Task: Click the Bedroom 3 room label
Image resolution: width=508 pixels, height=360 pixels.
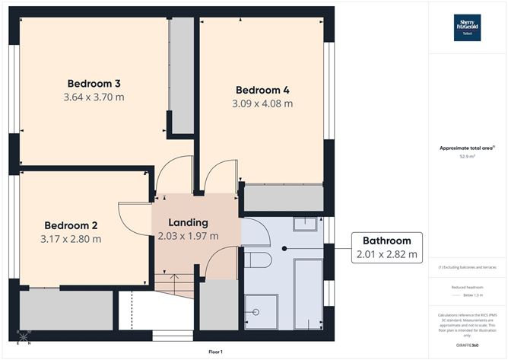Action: click(x=94, y=83)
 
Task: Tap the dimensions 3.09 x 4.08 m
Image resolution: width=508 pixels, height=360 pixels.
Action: click(x=262, y=104)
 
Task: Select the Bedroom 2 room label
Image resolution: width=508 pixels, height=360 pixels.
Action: click(x=71, y=225)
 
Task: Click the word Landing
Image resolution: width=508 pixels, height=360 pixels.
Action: click(x=188, y=222)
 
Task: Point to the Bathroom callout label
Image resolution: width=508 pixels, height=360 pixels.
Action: click(x=386, y=241)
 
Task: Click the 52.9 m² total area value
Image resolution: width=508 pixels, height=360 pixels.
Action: click(x=466, y=157)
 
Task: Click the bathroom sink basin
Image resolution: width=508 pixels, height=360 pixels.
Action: click(x=305, y=223)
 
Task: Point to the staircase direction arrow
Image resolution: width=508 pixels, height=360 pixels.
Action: click(x=175, y=284)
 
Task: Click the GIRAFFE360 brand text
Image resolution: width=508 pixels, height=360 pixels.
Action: click(x=466, y=344)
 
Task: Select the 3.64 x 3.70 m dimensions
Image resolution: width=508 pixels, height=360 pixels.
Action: click(x=94, y=97)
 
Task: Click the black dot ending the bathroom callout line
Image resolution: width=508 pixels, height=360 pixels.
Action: click(x=284, y=248)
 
